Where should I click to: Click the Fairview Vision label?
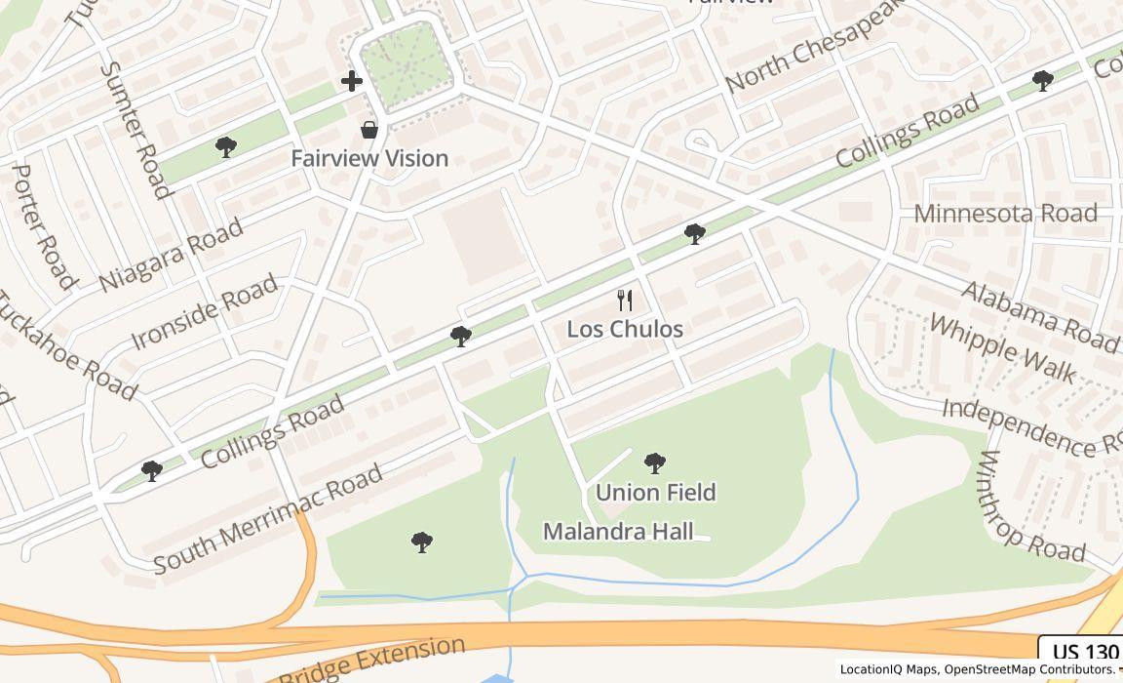[x=369, y=158]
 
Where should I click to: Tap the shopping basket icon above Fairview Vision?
[x=369, y=129]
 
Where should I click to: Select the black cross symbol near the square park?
[x=352, y=81]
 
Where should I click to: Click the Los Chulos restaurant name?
[x=625, y=330]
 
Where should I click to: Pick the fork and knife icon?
[x=625, y=301]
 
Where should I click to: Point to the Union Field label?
[x=655, y=492]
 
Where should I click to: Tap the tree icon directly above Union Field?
[x=655, y=462]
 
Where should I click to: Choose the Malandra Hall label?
[x=618, y=532]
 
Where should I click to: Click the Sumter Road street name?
[x=136, y=129]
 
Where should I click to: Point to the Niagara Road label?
[x=172, y=256]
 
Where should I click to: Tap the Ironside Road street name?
[x=205, y=312]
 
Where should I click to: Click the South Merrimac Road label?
[x=268, y=520]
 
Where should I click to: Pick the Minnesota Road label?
[x=1005, y=214]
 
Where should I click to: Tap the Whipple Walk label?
[x=1002, y=348]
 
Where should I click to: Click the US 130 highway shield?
[x=1084, y=653]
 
